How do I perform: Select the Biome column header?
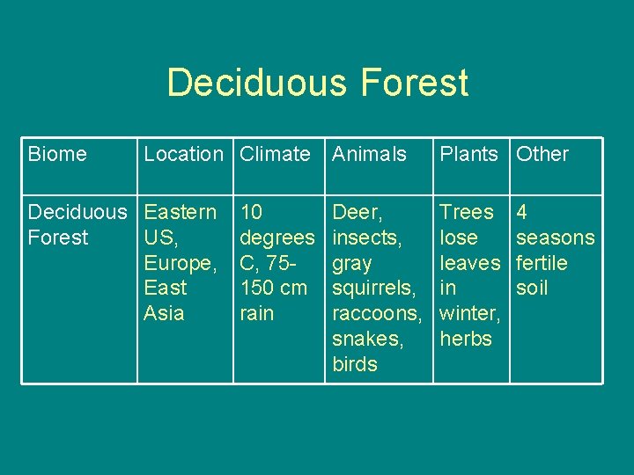coord(57,154)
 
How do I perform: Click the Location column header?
coord(183,154)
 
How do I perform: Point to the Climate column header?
coord(275,154)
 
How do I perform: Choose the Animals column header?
coord(369,154)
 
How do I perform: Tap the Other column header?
coord(542,154)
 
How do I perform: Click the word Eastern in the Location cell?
coord(180,212)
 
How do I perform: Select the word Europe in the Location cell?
coord(178,263)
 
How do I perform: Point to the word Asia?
coord(164,313)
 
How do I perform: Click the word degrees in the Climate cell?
coord(276,237)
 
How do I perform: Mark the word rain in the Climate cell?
coord(257,313)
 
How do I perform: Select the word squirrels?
coord(372,288)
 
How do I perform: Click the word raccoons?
coord(377,313)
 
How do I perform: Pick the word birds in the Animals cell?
coord(355,364)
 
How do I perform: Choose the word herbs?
coord(465,339)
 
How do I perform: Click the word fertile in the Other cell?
coord(542,263)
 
